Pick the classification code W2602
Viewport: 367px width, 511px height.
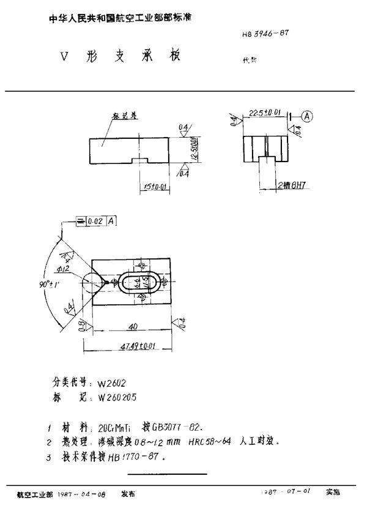click(111, 383)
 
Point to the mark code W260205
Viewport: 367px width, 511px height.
click(116, 397)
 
